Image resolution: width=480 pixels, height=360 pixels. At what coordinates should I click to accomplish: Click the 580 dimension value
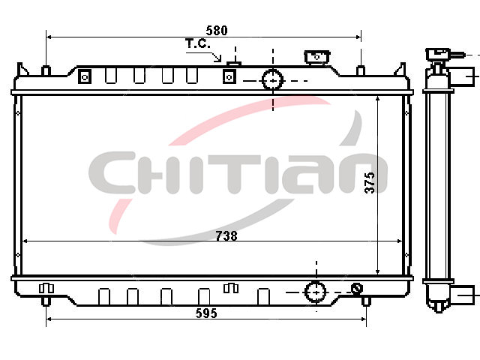217,31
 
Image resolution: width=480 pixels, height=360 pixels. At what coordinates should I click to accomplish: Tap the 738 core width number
226,236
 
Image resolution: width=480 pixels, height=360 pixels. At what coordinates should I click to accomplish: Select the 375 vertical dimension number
370,183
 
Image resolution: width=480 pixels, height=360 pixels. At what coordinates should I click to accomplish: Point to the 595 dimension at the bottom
206,313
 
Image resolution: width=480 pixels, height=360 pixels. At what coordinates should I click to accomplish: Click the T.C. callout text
198,43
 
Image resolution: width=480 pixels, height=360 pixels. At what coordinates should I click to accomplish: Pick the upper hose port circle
272,79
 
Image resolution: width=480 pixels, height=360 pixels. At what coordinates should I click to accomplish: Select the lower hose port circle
316,292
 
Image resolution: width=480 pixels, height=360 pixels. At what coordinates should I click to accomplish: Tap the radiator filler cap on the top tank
316,57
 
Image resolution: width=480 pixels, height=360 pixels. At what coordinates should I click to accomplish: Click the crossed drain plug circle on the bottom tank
357,288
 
